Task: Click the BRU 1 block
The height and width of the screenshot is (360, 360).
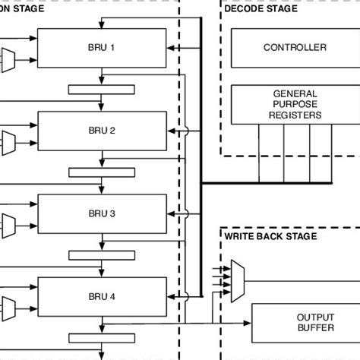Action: tap(102, 48)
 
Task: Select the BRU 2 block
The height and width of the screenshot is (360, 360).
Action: tap(102, 131)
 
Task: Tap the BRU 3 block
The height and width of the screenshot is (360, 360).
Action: tap(102, 214)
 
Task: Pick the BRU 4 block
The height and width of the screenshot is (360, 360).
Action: tap(102, 297)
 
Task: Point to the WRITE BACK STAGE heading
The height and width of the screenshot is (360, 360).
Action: tap(270, 236)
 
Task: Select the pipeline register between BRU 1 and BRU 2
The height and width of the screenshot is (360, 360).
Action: tap(102, 90)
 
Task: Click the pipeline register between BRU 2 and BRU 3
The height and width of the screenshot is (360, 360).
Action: tap(102, 172)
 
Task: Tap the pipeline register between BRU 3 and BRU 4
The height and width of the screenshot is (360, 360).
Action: tap(102, 256)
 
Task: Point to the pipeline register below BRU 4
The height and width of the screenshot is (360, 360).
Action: tap(102, 339)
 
